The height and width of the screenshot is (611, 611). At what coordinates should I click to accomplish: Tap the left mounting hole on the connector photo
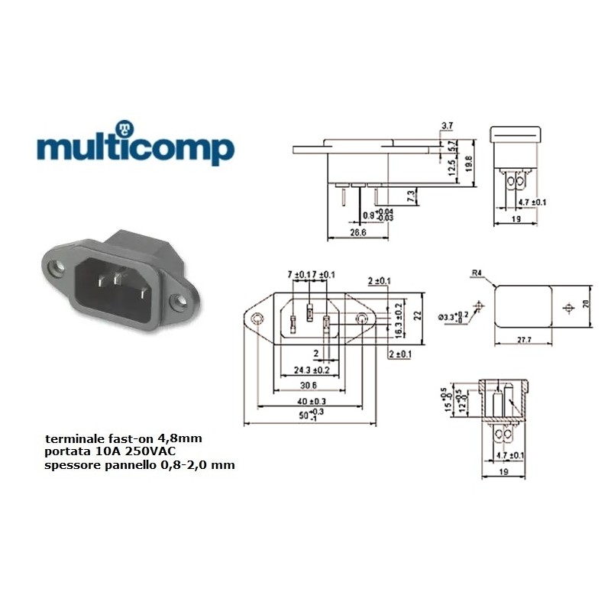[x=54, y=268]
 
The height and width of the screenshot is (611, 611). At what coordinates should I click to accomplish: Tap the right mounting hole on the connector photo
[x=181, y=302]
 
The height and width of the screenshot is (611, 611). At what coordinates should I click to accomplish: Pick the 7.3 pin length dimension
[x=410, y=196]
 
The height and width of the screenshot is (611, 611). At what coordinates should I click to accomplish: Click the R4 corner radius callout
[x=477, y=272]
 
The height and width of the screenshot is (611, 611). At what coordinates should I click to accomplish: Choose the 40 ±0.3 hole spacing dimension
[x=311, y=402]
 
